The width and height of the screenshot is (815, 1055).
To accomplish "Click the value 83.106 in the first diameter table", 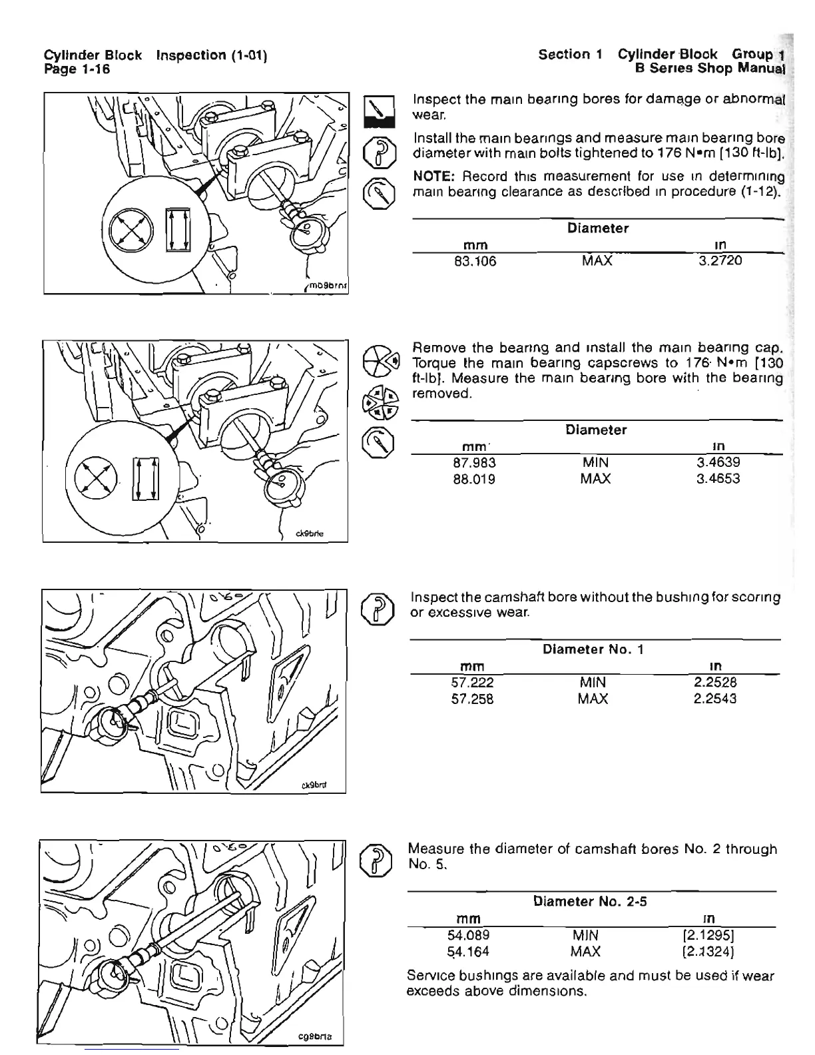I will (x=475, y=261).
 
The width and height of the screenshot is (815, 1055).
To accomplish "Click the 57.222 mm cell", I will (x=472, y=682).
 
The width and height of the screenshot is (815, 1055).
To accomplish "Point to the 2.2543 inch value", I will (x=715, y=699).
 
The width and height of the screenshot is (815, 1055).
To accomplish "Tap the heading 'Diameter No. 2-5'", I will (x=591, y=902).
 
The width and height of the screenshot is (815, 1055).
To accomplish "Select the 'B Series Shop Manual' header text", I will (x=710, y=68).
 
